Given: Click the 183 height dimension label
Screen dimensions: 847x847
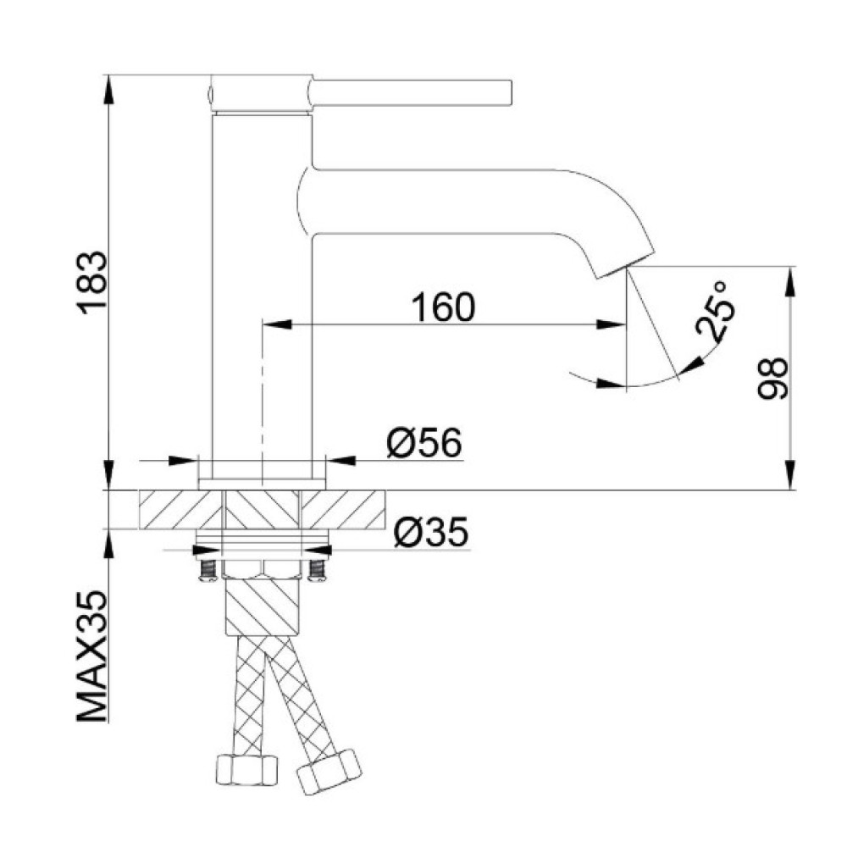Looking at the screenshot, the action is [x=92, y=283].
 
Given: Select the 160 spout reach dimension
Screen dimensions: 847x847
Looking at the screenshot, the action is [x=444, y=307].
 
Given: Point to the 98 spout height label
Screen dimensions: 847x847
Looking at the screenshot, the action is [x=772, y=378].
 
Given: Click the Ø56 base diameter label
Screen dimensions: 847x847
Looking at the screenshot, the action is [x=424, y=443].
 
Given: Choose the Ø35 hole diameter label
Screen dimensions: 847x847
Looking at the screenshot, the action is [x=430, y=532].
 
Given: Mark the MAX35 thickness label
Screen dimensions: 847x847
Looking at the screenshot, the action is [x=92, y=656].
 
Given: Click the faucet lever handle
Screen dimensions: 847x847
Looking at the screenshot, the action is [x=411, y=92].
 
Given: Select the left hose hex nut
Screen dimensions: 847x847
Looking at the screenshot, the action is [x=246, y=770].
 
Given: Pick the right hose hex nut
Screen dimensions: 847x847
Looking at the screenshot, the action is [x=329, y=772].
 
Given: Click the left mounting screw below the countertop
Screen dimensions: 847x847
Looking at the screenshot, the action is [x=208, y=570].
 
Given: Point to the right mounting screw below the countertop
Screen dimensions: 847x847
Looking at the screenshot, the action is [x=317, y=570].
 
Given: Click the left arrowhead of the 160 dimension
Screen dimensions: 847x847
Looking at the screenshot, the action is [x=277, y=324].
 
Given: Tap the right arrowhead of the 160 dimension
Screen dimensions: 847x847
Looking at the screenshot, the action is [x=611, y=324].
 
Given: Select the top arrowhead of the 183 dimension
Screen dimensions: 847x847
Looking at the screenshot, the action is [x=108, y=90].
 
